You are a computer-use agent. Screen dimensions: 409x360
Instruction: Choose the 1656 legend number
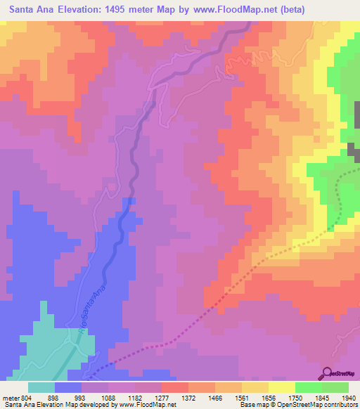tap(262, 397)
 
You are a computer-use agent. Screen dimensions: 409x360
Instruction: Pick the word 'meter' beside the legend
tap(11, 397)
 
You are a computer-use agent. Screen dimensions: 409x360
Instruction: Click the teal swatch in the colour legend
tap(41, 387)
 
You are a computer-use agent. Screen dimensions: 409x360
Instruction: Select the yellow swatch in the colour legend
tap(282, 387)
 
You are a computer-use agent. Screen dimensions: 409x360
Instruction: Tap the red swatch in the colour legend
tap(175, 387)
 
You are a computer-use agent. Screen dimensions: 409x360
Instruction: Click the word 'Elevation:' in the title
tap(87, 10)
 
